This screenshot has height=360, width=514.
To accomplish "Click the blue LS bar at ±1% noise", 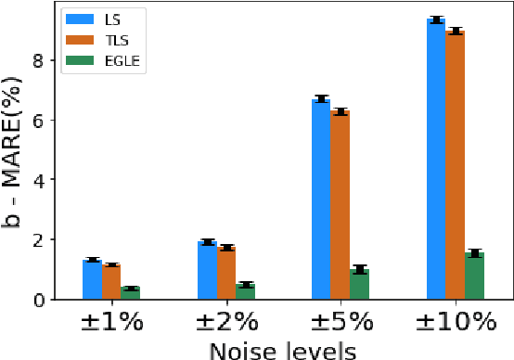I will pos(92,279).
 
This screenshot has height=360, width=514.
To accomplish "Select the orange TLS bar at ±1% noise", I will pos(111,281).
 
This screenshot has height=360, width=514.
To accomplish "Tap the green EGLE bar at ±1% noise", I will pos(130,293).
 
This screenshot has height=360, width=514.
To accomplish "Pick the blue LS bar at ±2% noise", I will pos(207,270).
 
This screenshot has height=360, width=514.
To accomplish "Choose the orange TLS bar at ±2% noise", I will pos(225,273).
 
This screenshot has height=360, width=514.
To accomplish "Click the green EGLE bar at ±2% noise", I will pos(245,291).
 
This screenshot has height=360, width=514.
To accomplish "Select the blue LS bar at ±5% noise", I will pos(321,199).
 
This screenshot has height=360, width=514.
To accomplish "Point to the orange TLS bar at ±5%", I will pos(341,205).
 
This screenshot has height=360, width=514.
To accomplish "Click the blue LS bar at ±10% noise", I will pos(436,159).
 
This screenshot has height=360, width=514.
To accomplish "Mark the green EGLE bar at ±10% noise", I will pos(474,276).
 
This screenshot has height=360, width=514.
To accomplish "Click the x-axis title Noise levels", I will pos(282,350).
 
